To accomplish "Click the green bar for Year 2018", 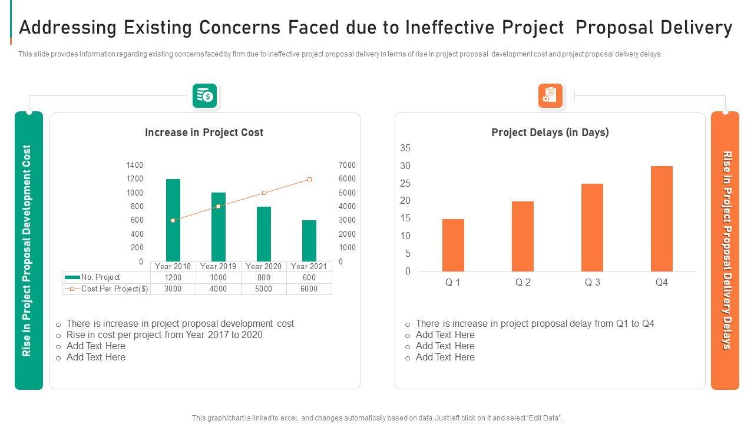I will coord(173,220).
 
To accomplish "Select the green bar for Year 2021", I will coord(309,241).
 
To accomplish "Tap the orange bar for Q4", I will coord(662,218).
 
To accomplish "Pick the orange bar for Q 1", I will coord(453,245).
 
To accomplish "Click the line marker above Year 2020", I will coord(264,193).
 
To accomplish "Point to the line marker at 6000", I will coord(309,179).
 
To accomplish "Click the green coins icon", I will coord(205,95).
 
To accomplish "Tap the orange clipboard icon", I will coord(550,95).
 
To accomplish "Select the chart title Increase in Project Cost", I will coord(204,132).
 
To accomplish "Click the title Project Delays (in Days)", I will coord(550,132).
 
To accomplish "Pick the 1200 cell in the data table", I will coord(173,277).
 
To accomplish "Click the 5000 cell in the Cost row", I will coord(263,289).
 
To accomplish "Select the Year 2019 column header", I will coord(219,266).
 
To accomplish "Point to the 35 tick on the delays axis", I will coord(405,148).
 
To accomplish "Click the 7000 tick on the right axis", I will coord(348,165).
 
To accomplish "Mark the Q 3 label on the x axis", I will coord(592,283).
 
